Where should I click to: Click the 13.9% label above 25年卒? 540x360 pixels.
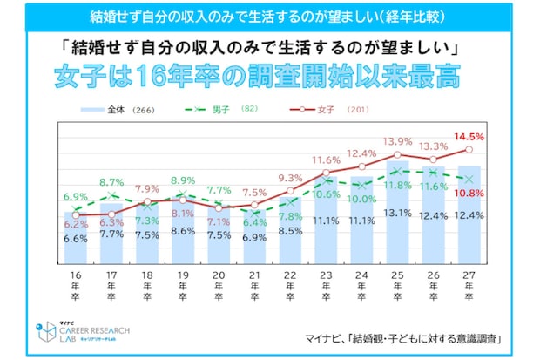[397, 141]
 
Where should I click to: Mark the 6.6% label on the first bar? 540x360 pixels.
[76, 239]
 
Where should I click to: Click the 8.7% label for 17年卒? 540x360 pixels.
[111, 182]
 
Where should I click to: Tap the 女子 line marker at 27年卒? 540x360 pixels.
[469, 149]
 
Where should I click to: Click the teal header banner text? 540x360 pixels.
[270, 17]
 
